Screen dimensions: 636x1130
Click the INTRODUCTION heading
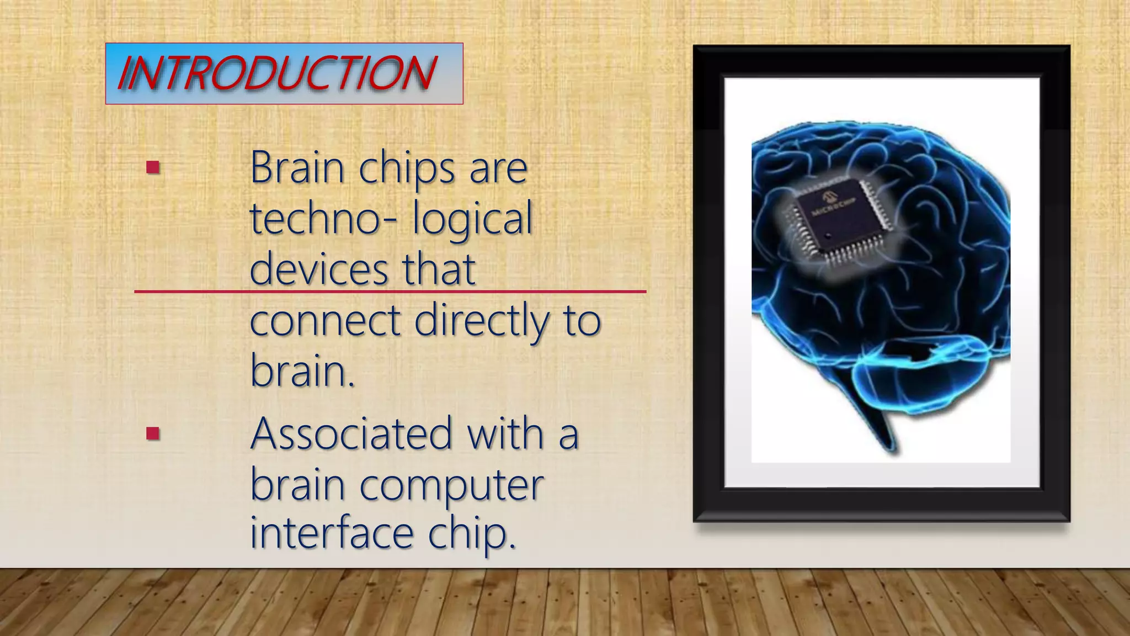277,73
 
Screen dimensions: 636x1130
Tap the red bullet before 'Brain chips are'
153,167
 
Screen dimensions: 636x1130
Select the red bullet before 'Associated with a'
153,433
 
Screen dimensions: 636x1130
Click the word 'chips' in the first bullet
407,168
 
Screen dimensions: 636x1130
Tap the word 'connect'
325,320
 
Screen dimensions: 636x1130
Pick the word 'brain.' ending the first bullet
302,371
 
